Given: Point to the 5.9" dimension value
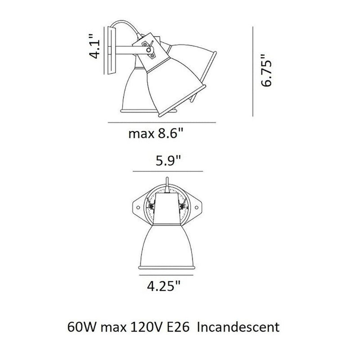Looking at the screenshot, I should pyautogui.click(x=167, y=161).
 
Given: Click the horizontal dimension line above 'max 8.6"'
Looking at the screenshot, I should pyautogui.click(x=162, y=122).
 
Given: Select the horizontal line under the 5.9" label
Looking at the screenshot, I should pyautogui.click(x=167, y=171).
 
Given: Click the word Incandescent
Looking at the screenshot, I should pyautogui.click(x=239, y=326).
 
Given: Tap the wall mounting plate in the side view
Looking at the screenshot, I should pyautogui.click(x=110, y=49).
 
